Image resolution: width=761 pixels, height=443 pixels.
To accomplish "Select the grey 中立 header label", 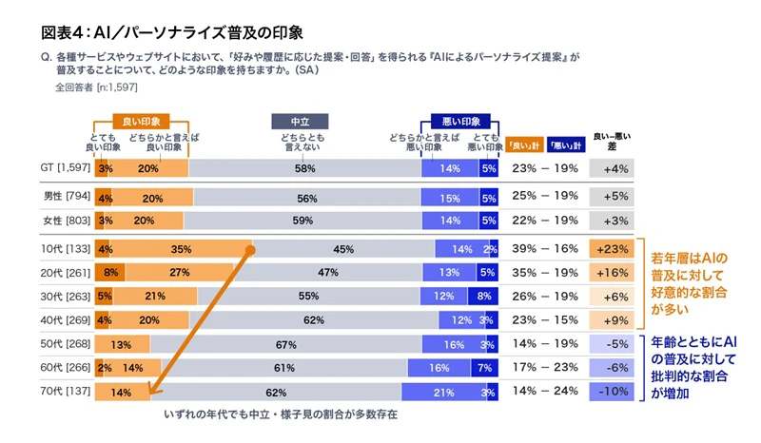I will click(300, 122).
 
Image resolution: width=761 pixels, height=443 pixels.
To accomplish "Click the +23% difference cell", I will click(612, 250).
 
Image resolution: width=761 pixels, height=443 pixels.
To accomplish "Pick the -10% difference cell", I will click(612, 392).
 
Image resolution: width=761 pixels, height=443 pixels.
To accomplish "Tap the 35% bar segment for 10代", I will click(182, 250).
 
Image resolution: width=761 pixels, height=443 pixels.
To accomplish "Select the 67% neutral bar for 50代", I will click(280, 344).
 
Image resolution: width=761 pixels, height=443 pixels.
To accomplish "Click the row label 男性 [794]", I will click(66, 197).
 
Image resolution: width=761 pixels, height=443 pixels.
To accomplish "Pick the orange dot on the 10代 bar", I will click(251, 250).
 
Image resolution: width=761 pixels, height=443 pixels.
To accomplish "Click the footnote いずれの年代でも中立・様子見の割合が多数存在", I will click(281, 415).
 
